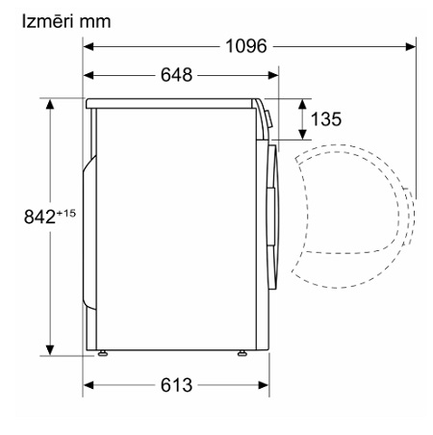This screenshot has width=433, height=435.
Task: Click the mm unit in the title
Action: point(95,22)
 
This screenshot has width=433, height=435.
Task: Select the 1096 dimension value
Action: point(246,46)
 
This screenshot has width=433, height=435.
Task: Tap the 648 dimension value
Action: point(176,75)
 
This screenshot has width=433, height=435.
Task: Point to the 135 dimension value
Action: point(326,119)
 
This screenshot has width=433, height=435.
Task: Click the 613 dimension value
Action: point(176,385)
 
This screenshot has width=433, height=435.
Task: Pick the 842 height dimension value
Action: point(40,217)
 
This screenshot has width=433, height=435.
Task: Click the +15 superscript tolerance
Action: point(66,213)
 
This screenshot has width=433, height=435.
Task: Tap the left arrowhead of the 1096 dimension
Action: point(89,46)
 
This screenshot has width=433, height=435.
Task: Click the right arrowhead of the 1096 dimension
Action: point(411,46)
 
